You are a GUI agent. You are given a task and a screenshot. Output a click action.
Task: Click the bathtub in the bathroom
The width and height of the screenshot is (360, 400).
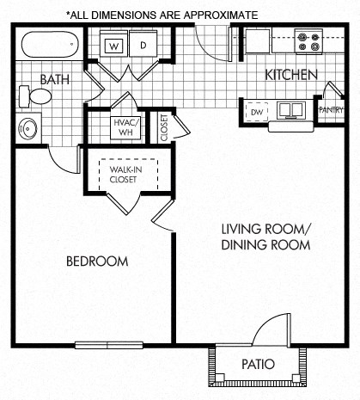pyautogui.click(x=49, y=44)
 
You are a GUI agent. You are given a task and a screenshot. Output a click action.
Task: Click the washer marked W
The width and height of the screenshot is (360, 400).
pyautogui.click(x=114, y=45)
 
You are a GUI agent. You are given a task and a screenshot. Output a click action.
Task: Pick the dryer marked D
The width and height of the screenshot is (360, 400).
pyautogui.click(x=143, y=45)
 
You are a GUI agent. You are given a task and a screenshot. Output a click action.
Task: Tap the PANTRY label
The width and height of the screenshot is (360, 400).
pyautogui.click(x=331, y=110)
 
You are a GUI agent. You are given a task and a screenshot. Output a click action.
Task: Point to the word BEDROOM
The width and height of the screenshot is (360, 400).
pyautogui.click(x=97, y=261)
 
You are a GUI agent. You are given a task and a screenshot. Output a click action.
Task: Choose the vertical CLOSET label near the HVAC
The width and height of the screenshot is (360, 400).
pyautogui.click(x=163, y=126)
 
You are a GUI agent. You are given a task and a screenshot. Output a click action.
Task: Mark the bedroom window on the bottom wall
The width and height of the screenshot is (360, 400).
pyautogui.click(x=108, y=345)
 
